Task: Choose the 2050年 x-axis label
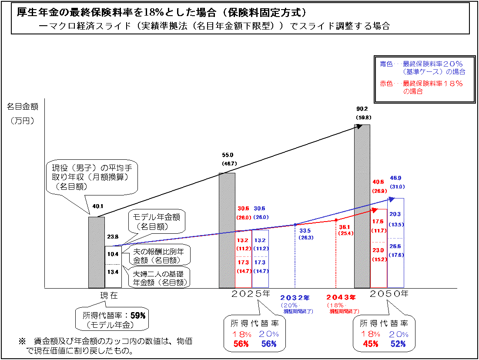(x=389, y=294)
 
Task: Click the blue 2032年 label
(x=295, y=298)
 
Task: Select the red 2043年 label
(x=341, y=298)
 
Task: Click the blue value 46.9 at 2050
(x=395, y=178)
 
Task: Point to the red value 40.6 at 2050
(x=379, y=182)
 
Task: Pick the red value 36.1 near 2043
(x=345, y=227)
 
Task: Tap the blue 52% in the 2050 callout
(x=398, y=344)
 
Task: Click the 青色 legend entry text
(x=386, y=64)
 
